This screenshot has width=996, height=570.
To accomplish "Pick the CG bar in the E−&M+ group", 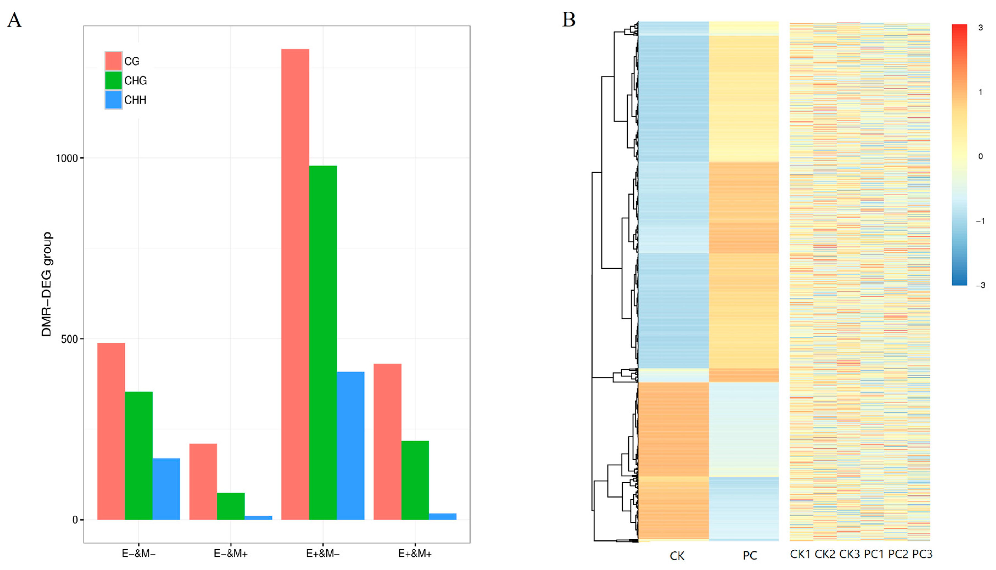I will click(203, 481).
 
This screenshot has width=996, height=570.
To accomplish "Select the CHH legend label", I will click(135, 100).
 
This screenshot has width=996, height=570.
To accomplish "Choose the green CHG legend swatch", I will click(113, 80).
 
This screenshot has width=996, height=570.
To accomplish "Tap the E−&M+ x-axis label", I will click(231, 554).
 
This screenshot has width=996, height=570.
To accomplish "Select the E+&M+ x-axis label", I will click(415, 554).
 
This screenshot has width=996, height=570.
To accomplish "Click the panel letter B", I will click(569, 19).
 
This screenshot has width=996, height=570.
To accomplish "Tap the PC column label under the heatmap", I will click(750, 555).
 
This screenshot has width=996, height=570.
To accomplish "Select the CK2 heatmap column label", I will click(824, 554).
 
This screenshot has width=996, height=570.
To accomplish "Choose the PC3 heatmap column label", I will click(922, 554).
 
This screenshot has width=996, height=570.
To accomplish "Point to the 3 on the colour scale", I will click(980, 28).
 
